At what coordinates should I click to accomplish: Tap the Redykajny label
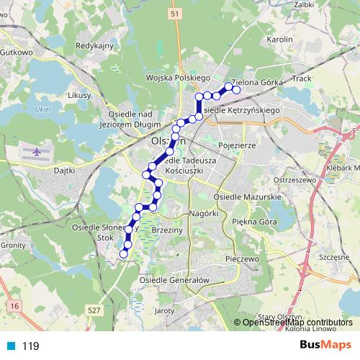pos(95,46)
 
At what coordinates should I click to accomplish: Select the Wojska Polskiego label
pos(176,77)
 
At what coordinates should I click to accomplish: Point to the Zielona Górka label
pos(257,82)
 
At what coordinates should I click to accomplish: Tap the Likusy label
pos(78,95)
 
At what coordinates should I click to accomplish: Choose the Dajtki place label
pos(66,171)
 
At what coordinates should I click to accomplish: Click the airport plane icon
pos(34,153)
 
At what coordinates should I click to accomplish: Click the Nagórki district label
pos(204,214)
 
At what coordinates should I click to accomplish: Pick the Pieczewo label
pos(241,257)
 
